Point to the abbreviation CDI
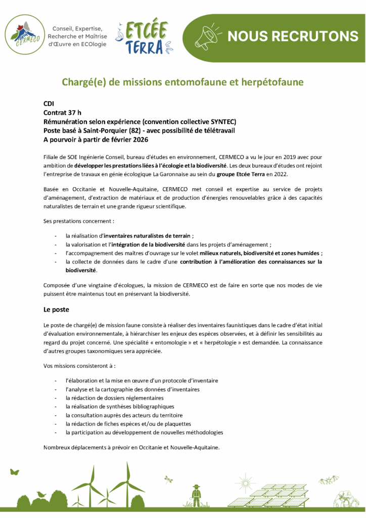[49, 103]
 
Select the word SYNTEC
[222, 121]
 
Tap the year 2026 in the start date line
[138, 140]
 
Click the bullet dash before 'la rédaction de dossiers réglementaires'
[55, 398]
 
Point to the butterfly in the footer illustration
[14, 471]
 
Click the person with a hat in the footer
[196, 495]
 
